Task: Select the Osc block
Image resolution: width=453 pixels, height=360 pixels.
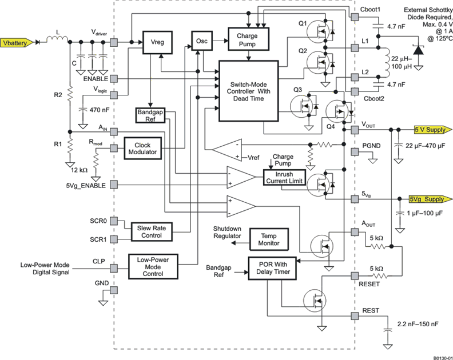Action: click(x=201, y=42)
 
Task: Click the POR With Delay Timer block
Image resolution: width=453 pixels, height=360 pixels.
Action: click(x=272, y=269)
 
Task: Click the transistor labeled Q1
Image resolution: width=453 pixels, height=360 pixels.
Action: click(x=325, y=31)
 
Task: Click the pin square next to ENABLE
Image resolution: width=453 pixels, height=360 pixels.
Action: click(x=114, y=78)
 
